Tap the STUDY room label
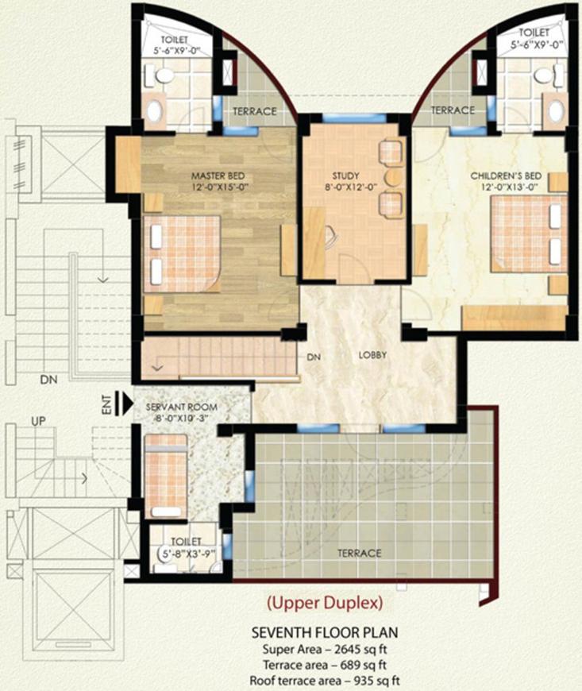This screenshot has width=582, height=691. pyautogui.click(x=346, y=176)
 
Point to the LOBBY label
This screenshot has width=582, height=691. pyautogui.click(x=372, y=355)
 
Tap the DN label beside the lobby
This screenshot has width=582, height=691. pyautogui.click(x=312, y=357)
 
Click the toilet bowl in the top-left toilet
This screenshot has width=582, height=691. pyautogui.click(x=165, y=75)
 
